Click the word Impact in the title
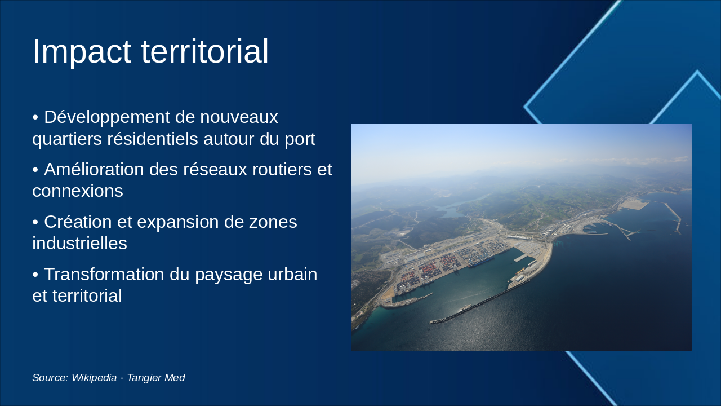tap(82, 52)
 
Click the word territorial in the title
tap(204, 51)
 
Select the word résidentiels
tap(153, 139)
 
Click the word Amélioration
tap(94, 169)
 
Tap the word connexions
tap(78, 191)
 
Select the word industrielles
tap(79, 243)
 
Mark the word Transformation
tap(104, 274)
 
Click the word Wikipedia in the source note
tap(94, 378)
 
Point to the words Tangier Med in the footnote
tap(156, 378)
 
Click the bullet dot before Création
tap(35, 222)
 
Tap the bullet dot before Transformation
tap(35, 275)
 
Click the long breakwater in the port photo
tap(479, 301)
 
